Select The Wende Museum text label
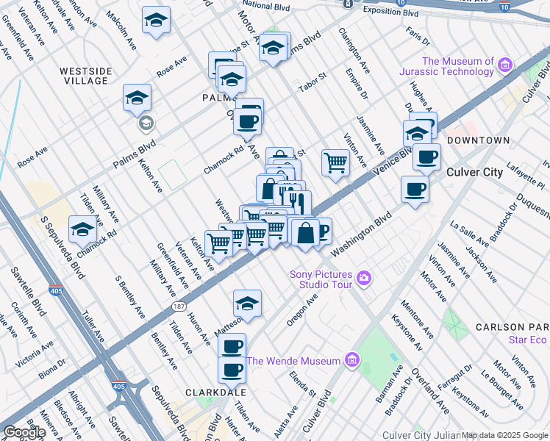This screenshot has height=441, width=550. click(x=293, y=361)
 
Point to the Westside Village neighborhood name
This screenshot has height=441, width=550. click(x=87, y=76)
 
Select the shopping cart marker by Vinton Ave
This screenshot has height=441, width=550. click(x=335, y=162)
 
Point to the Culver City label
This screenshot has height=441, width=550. click(x=475, y=173)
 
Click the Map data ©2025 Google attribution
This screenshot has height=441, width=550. click(x=504, y=435)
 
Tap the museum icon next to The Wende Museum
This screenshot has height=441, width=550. click(x=351, y=360)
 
